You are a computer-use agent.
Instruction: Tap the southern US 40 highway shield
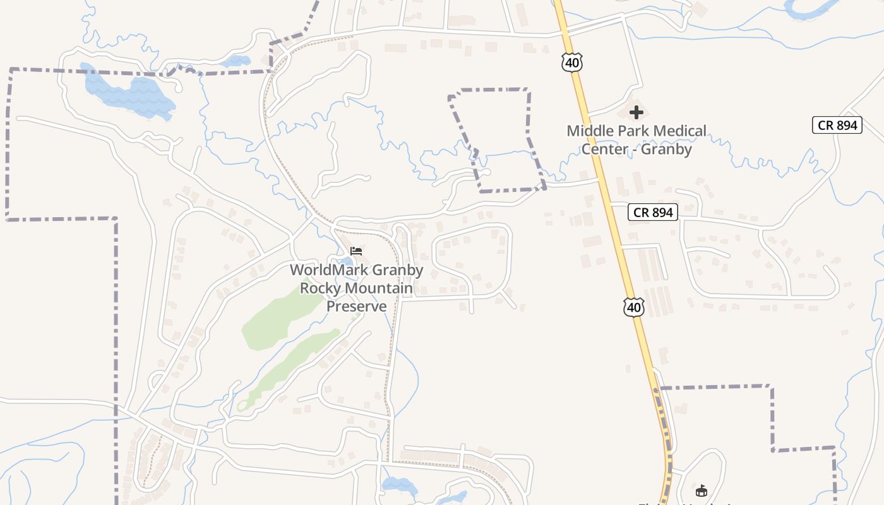pos(634,307)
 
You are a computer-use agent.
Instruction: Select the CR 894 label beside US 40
pos(653,212)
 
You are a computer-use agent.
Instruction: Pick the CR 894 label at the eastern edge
pos(837,125)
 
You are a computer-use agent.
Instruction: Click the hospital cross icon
pos(636,113)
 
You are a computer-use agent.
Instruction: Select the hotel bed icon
pos(356,251)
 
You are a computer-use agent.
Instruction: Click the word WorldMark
pos(328,270)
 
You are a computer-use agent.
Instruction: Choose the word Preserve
pos(356,306)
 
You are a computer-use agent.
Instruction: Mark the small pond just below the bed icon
pos(345,262)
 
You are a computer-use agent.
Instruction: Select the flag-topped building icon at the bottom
pos(701,490)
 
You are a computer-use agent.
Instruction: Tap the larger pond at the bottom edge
pos(399,486)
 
